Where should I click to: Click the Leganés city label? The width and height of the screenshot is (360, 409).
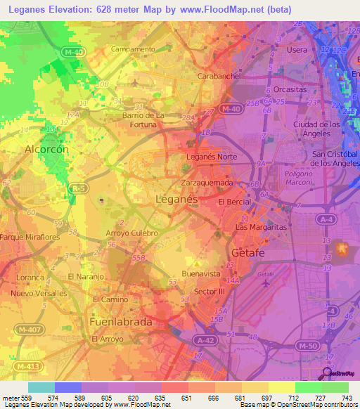175,200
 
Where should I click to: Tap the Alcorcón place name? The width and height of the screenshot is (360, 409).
46,149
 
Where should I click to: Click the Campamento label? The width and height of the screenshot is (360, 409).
133,49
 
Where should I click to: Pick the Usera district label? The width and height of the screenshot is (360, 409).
296,51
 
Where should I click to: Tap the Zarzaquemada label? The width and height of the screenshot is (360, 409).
207,181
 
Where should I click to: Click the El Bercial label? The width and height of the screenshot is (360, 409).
234,202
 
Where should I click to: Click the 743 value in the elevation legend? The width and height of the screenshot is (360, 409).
346,398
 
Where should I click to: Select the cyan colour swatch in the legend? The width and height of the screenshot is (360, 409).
41,387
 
